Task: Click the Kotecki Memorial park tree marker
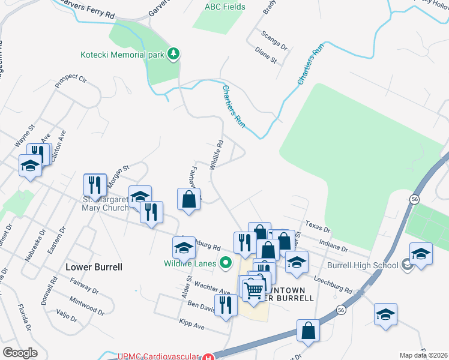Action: (x=174, y=54)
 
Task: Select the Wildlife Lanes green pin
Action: (x=226, y=262)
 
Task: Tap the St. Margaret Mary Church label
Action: (x=105, y=203)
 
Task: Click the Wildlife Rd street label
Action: (x=217, y=155)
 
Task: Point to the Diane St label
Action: (x=265, y=56)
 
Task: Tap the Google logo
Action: (x=20, y=353)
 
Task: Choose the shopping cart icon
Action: (x=254, y=290)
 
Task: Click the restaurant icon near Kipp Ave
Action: (x=225, y=305)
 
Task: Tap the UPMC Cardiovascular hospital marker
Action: (x=207, y=357)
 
